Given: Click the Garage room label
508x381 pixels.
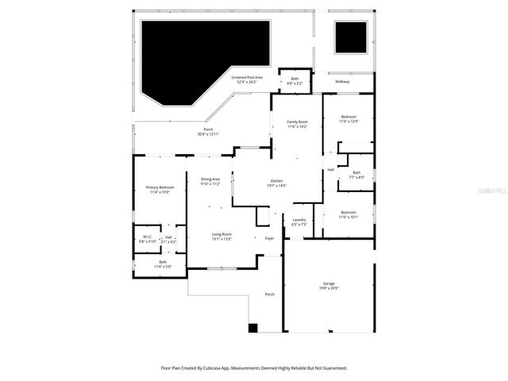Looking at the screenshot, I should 329,283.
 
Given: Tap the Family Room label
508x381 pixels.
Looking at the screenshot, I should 297,121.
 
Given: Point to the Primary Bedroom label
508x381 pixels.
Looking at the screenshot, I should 158,187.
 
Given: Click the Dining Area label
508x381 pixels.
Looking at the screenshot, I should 210,179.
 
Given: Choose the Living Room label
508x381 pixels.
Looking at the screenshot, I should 221,234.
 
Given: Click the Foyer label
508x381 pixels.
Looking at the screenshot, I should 269,237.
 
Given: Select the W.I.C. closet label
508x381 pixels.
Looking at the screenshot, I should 148,237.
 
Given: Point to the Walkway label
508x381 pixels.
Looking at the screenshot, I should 342,82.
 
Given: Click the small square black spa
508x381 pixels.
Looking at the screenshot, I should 351,37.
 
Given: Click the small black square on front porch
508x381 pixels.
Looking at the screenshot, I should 253,327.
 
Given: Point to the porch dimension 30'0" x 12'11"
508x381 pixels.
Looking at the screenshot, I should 208,134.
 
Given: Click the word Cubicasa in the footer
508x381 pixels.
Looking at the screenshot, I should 218,368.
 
